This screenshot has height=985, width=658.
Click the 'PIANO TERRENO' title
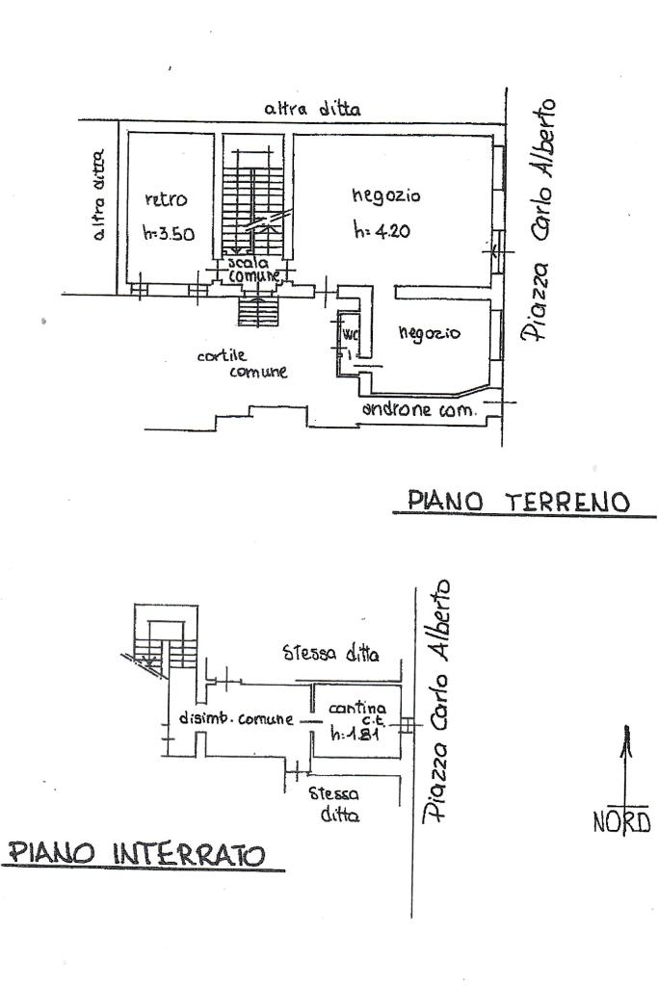pyautogui.click(x=518, y=502)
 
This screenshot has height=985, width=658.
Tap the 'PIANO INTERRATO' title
pyautogui.click(x=137, y=854)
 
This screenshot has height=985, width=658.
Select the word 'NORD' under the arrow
pyautogui.click(x=622, y=822)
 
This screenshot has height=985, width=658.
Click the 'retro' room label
pyautogui.click(x=165, y=200)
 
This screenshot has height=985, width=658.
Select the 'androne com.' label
pyautogui.click(x=419, y=410)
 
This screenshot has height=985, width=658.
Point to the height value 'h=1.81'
pyautogui.click(x=351, y=735)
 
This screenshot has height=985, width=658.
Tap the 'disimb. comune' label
pyautogui.click(x=236, y=718)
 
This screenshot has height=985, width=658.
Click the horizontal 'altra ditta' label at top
pyautogui.click(x=312, y=110)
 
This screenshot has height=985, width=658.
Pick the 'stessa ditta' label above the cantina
pyautogui.click(x=330, y=655)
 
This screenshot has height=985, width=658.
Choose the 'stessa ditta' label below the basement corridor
pyautogui.click(x=334, y=804)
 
